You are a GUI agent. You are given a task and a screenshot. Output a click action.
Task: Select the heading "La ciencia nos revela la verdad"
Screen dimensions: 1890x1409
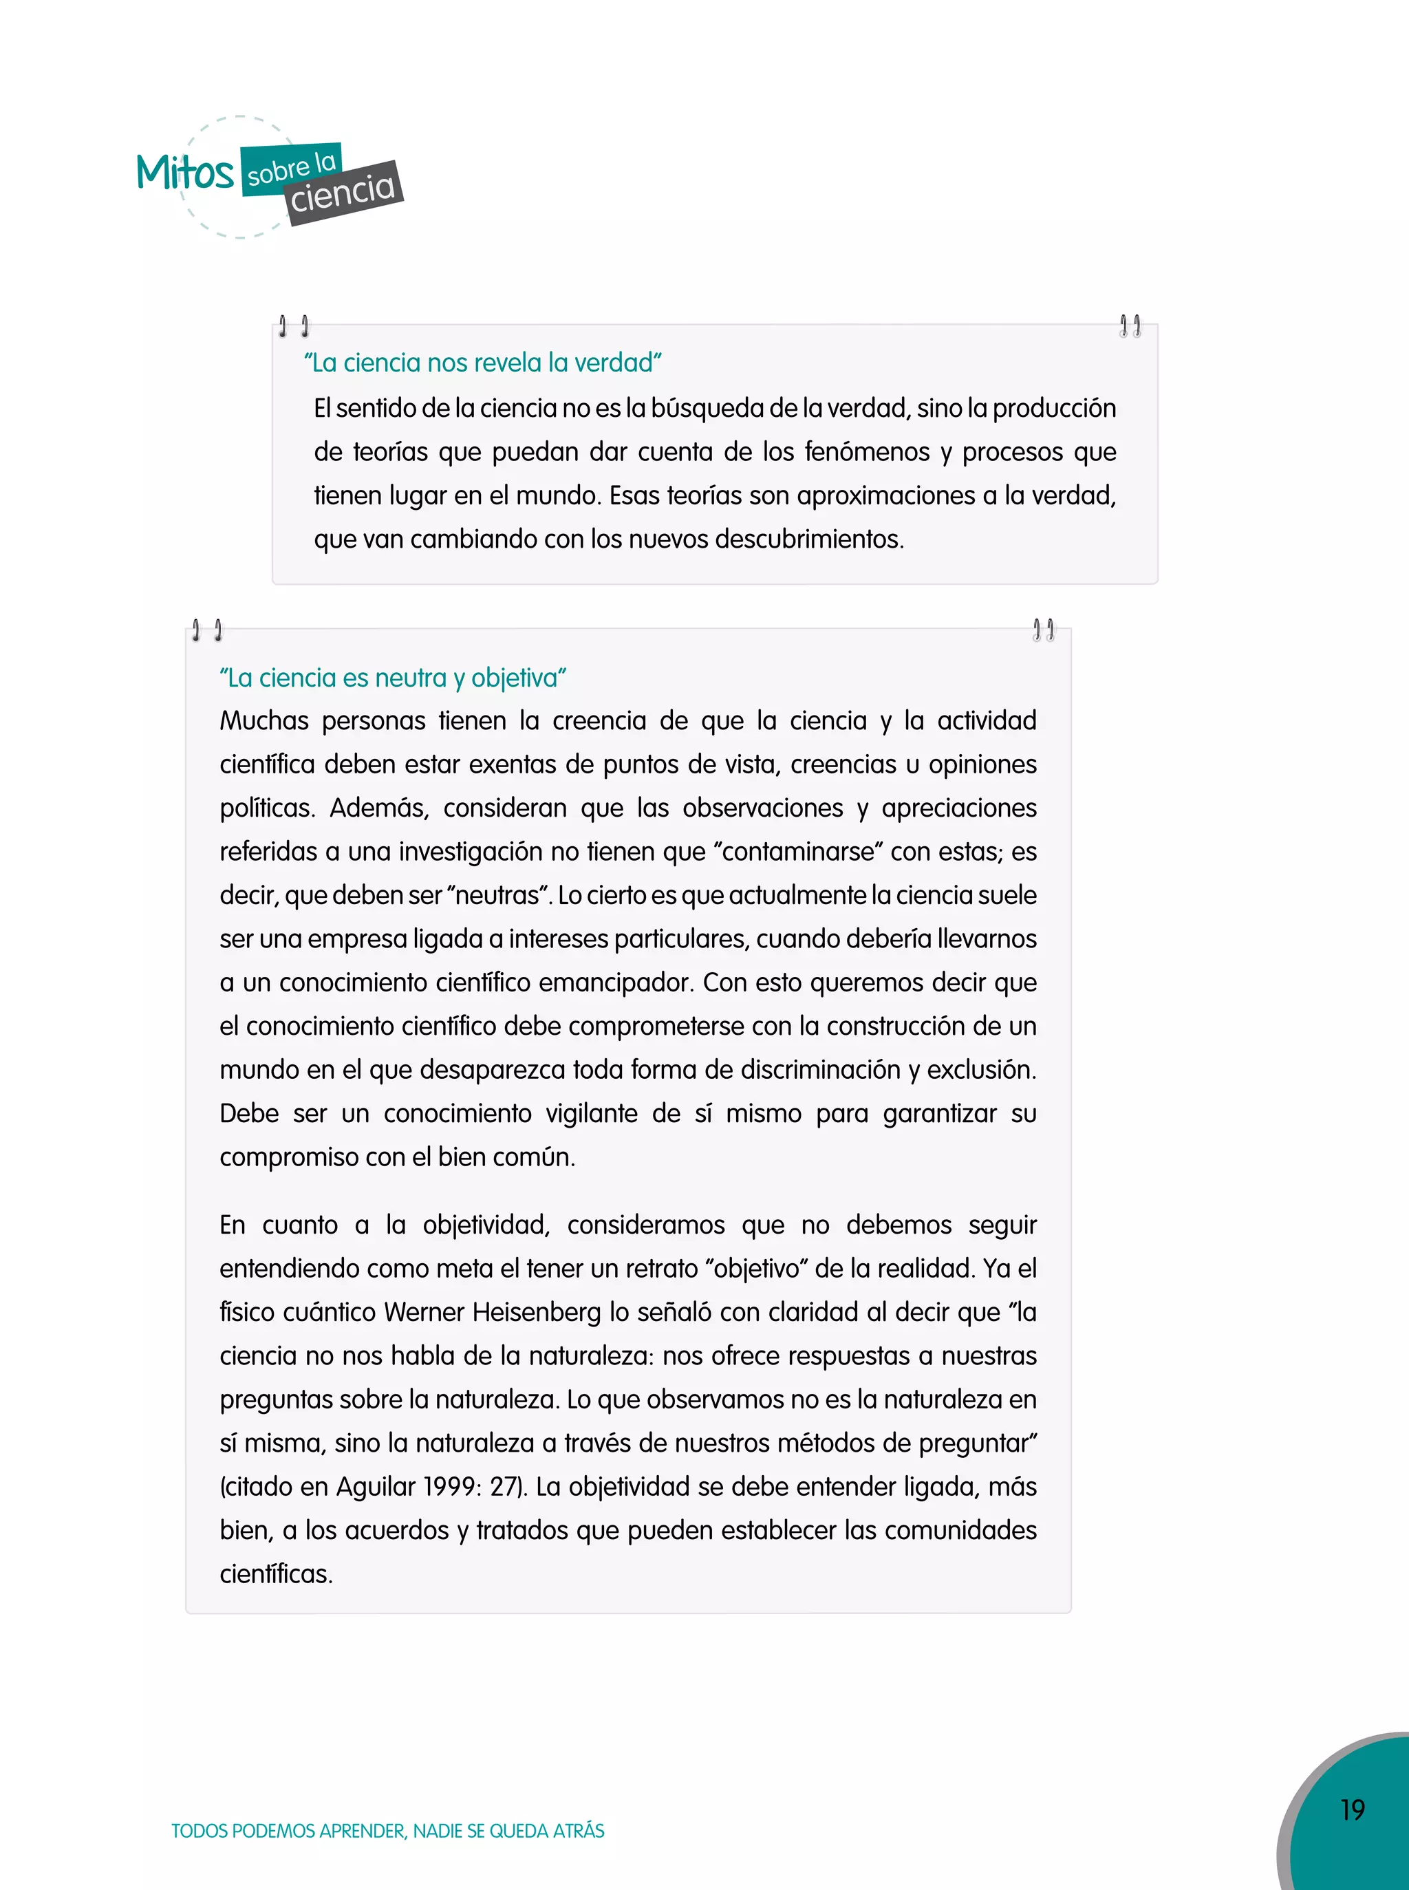pos(483,363)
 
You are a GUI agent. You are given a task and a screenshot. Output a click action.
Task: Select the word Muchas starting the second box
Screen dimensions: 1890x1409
pos(264,720)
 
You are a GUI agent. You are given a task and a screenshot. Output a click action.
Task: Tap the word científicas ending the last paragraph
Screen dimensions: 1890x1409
pos(275,1574)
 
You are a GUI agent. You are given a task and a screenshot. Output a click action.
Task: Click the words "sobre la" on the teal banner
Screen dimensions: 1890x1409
pos(292,168)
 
